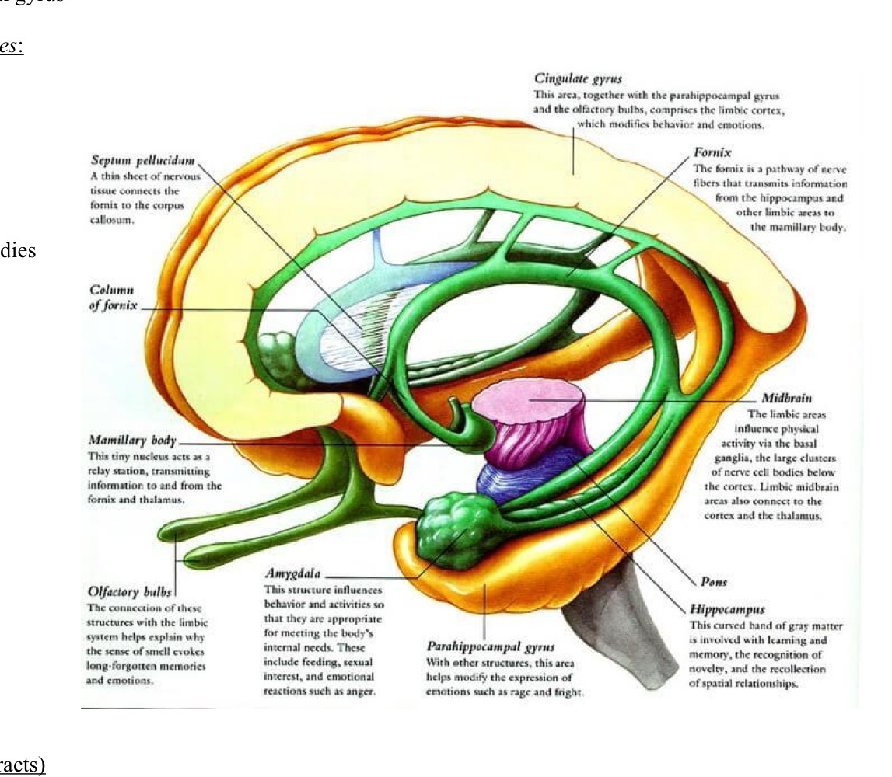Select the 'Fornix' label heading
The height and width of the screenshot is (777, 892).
712,153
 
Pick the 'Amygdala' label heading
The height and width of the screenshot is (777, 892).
292,574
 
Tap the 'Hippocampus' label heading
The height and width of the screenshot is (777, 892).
727,610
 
